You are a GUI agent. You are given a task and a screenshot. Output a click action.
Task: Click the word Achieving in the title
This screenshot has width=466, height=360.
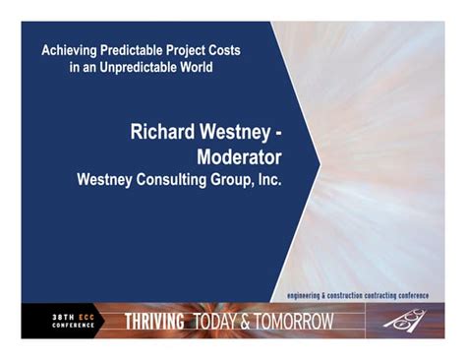point(73,50)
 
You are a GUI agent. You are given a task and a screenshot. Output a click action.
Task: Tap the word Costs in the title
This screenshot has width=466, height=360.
point(248,50)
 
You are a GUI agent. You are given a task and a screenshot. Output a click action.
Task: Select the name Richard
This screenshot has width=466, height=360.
point(163,133)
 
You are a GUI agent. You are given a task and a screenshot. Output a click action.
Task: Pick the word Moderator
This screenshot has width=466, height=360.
point(239,156)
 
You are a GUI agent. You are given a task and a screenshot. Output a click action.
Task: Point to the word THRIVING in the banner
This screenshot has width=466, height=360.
point(155,321)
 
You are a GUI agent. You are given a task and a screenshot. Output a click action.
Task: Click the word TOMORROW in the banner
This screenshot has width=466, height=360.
point(294,321)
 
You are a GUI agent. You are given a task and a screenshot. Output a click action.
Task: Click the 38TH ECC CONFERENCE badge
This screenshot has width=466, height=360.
point(74,321)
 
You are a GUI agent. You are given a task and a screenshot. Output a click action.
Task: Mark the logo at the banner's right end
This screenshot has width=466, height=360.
point(407,321)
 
